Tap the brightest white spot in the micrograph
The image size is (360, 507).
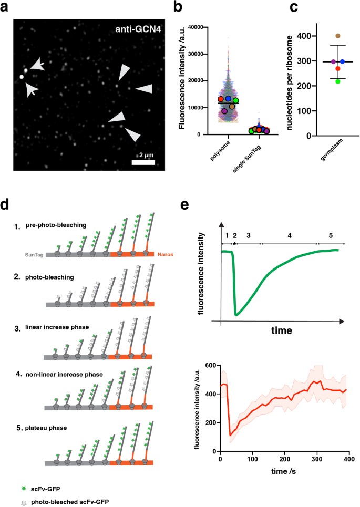(x=22, y=77)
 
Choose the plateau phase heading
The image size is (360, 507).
(x=47, y=427)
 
